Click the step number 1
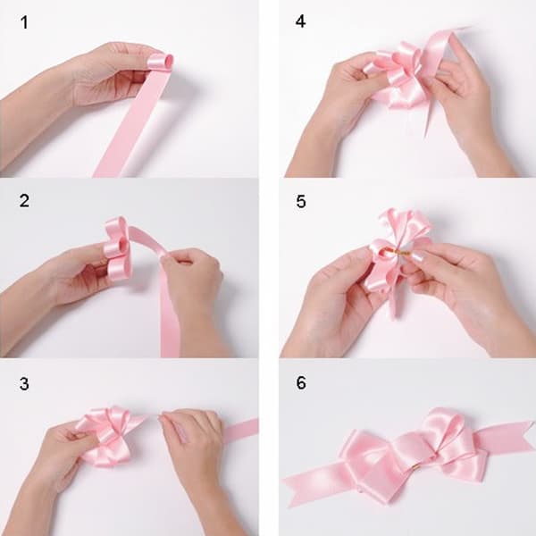pos(24,22)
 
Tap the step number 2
pos(24,201)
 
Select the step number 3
pos(24,383)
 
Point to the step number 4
pos(300,21)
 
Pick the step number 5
pos(301,201)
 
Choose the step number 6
pos(301,382)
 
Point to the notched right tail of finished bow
pos(506,436)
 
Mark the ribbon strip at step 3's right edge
pos(240,430)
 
